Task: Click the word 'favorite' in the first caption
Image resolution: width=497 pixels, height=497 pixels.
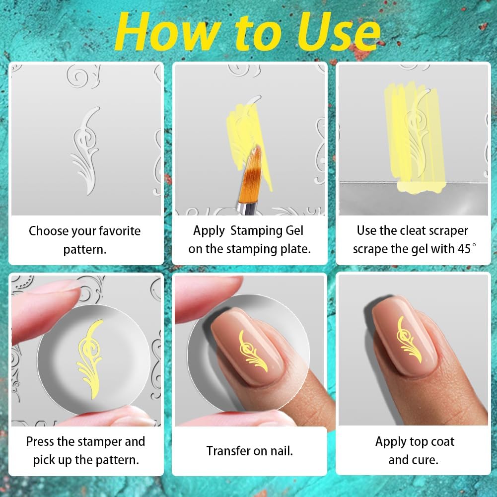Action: pos(120,231)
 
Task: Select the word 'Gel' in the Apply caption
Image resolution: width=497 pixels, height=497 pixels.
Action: pos(294,230)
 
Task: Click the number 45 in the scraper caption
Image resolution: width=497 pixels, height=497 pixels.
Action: pos(464,249)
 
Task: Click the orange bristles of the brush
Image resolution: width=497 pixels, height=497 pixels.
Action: pos(253,170)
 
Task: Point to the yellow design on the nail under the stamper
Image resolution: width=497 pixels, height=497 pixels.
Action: pos(253,352)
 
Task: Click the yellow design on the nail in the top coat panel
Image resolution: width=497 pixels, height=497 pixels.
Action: pos(409,340)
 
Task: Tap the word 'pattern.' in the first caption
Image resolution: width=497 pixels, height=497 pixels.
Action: pos(84,250)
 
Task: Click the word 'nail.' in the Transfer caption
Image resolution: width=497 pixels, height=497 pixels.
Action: pos(282,451)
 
